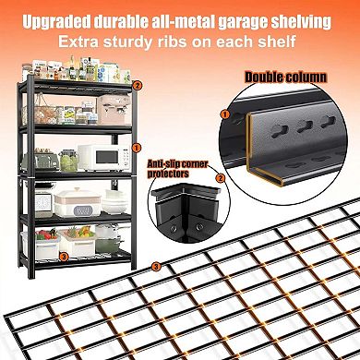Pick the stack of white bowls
point(114,202)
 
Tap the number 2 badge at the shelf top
point(138,85)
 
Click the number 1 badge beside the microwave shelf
point(137,147)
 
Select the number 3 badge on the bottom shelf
point(64,255)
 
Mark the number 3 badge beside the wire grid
point(156,267)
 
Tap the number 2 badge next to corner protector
point(220,177)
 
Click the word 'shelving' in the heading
point(305,20)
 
